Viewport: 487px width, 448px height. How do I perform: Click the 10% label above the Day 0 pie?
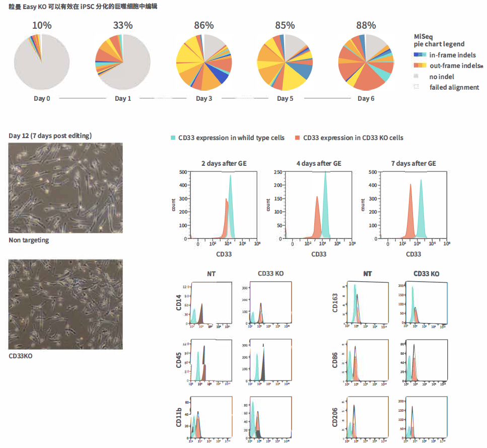(x=41, y=25)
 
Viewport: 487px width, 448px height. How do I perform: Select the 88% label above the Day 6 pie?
(x=366, y=25)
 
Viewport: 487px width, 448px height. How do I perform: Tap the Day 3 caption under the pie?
(x=204, y=98)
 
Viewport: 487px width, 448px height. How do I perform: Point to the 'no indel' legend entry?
(x=442, y=77)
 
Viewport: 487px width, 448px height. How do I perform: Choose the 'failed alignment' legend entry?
(x=454, y=87)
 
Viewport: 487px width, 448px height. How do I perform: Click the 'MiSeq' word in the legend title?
(x=423, y=36)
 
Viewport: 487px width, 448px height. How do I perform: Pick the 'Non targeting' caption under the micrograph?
(x=29, y=240)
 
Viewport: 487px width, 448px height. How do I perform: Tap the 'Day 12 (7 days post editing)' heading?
(x=50, y=136)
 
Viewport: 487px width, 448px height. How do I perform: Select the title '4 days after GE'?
(x=318, y=163)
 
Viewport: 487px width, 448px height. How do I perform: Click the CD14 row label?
(x=179, y=303)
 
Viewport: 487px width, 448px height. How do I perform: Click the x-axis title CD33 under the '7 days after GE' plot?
(x=413, y=254)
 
